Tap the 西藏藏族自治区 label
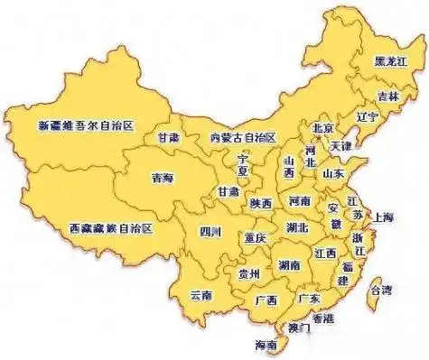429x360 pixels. click(111, 229)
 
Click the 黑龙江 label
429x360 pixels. click(390, 60)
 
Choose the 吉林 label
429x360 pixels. click(387, 96)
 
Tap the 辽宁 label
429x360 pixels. click(367, 116)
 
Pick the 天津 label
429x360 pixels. click(341, 144)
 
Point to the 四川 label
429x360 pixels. click(210, 231)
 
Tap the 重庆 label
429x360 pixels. click(255, 237)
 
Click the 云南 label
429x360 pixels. click(201, 295)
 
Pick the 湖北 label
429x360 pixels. click(296, 226)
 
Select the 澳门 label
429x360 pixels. click(297, 328)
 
